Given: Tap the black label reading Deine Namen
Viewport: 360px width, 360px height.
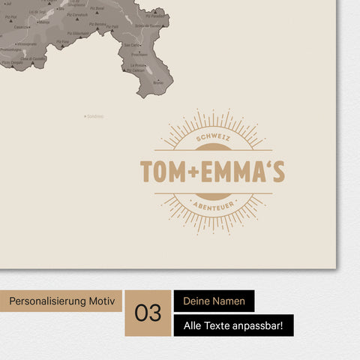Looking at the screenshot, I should [x=214, y=301].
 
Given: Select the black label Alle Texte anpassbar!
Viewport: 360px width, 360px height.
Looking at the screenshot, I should [x=233, y=325].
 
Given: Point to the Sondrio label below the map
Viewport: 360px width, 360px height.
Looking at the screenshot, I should [x=95, y=116].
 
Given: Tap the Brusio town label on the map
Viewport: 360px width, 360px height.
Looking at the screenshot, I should [x=157, y=82].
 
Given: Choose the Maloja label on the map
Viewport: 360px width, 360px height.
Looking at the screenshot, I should [x=44, y=22].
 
